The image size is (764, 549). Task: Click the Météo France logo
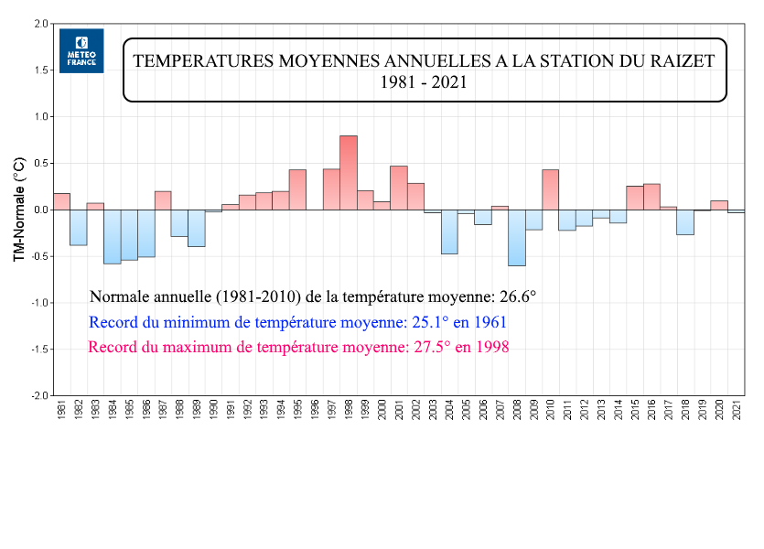[81, 50]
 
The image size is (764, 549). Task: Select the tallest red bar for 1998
[349, 172]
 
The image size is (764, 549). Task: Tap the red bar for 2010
[550, 189]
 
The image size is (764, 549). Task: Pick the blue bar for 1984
[112, 236]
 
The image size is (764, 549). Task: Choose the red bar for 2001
[399, 188]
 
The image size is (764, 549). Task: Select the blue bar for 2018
[685, 222]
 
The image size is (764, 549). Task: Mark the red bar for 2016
[651, 197]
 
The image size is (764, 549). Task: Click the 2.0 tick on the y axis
[41, 24]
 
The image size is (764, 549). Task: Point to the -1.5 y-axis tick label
[39, 350]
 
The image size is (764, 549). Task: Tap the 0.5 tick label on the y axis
[41, 164]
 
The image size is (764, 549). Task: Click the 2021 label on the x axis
[737, 410]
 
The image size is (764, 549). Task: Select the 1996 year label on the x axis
[315, 410]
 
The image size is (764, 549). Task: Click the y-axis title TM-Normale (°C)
[17, 210]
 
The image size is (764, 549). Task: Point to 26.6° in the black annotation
[515, 296]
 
